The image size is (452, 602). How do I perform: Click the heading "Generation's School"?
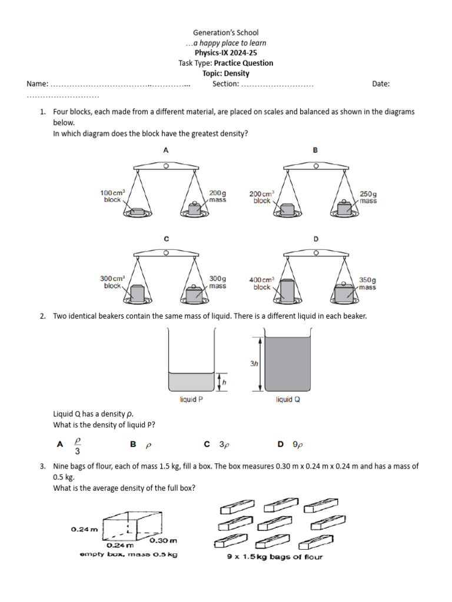226,33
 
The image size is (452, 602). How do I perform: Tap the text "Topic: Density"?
226,73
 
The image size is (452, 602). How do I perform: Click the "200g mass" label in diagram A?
217,196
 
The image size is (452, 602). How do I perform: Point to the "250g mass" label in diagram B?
368,197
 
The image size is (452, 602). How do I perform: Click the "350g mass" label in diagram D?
368,283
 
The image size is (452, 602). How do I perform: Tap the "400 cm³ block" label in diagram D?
262,283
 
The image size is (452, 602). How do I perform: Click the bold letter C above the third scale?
167,239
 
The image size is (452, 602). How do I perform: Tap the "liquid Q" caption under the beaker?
288,400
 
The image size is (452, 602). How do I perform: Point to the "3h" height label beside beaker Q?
254,364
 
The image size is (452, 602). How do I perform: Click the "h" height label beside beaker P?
224,382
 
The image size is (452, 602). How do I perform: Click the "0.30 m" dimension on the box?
163,540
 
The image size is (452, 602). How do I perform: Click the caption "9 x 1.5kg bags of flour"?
275,557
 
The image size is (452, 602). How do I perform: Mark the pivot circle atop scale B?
315,166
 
